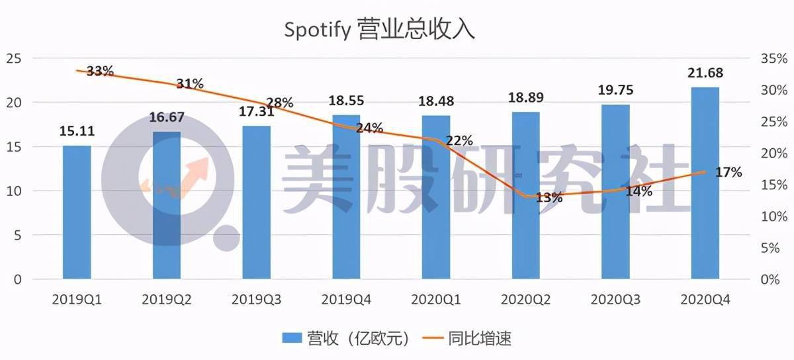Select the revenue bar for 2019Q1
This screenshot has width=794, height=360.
tap(77, 212)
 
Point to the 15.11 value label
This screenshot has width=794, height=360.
tap(77, 131)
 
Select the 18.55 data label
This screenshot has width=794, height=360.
tap(346, 101)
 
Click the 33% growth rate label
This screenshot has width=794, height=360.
tap(100, 71)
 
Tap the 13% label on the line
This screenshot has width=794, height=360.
tap(549, 197)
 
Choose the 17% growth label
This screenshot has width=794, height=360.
tap(728, 172)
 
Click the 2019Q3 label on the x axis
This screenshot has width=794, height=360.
tap(257, 299)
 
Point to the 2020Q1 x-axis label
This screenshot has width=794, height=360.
tap(436, 299)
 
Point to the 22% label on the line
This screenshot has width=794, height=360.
tap(459, 140)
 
